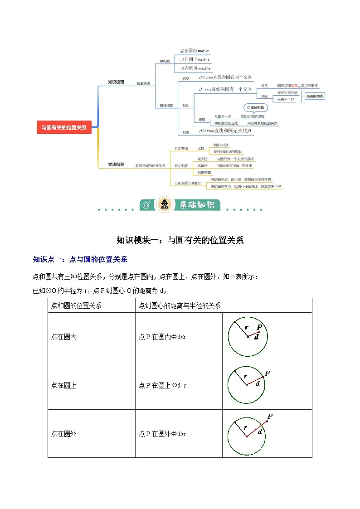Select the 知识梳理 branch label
(116, 82)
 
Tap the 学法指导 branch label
(116, 164)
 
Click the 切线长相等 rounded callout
(256, 108)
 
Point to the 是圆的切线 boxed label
(315, 96)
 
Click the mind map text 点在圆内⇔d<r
(195, 51)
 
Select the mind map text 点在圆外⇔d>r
(195, 68)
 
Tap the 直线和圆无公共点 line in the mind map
(225, 131)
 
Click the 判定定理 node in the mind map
(204, 173)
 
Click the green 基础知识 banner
(195, 205)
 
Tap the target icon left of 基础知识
(146, 205)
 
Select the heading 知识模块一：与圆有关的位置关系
(180, 240)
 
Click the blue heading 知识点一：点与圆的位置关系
(80, 260)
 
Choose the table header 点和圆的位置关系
(76, 305)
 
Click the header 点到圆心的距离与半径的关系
(180, 305)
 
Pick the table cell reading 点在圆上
(64, 385)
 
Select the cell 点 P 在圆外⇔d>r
(162, 434)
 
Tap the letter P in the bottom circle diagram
(270, 416)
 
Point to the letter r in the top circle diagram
(246, 327)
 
